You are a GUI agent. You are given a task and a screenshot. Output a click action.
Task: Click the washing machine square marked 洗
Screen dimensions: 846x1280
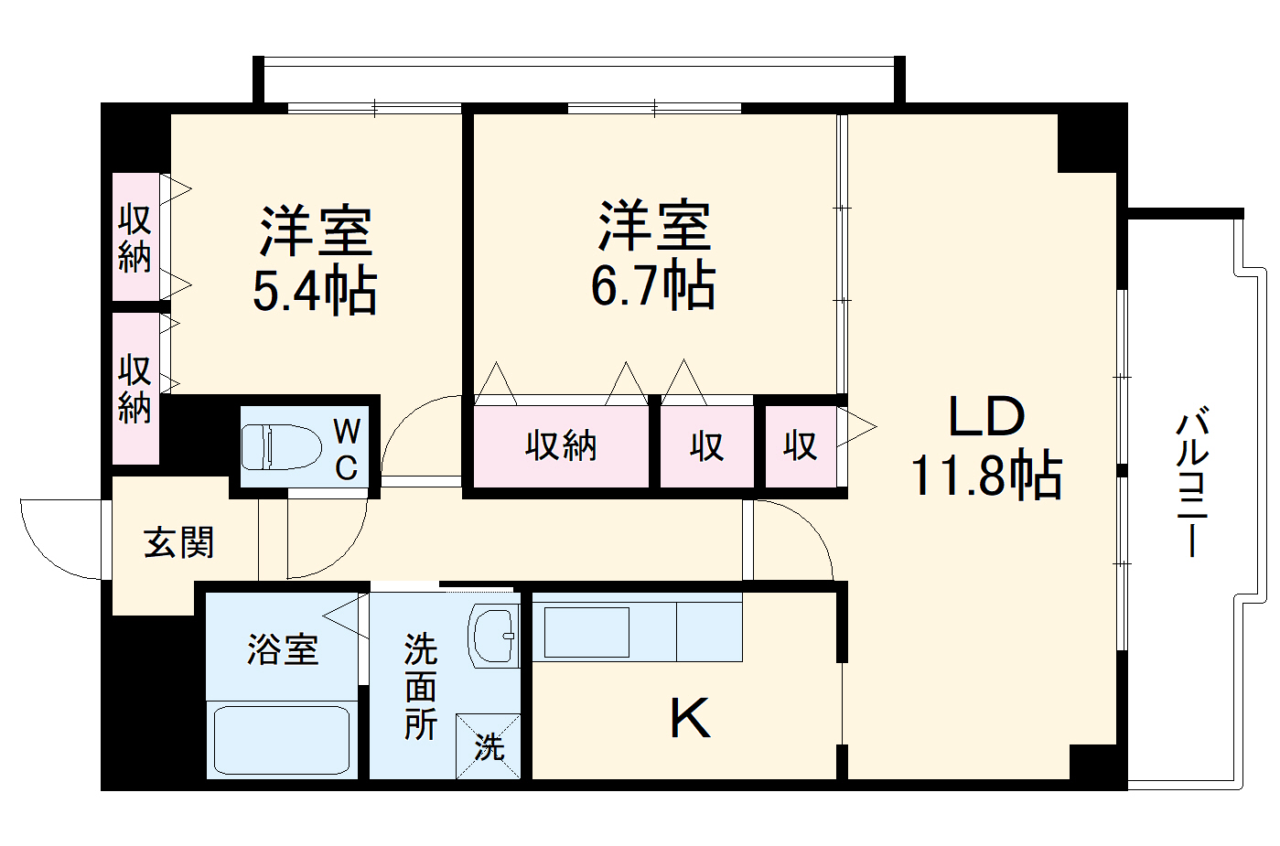(x=489, y=746)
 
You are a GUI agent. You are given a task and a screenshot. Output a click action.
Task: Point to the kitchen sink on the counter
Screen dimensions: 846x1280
(x=586, y=632)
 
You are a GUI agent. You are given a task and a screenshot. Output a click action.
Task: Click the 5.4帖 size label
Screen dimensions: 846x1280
(x=314, y=291)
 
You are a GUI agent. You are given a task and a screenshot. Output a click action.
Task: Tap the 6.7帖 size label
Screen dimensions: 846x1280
(x=652, y=285)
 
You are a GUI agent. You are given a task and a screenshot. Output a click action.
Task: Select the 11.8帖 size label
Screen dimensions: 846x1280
(x=986, y=476)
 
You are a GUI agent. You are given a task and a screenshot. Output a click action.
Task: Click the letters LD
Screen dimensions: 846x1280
(x=986, y=417)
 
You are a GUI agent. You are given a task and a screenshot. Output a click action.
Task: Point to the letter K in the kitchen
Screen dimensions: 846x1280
(x=689, y=719)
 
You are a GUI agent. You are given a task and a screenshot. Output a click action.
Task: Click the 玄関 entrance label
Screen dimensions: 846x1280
(x=179, y=543)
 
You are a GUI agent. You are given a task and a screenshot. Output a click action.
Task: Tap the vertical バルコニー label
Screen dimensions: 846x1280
(x=1192, y=485)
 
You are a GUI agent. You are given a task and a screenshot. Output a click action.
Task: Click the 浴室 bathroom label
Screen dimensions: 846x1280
(x=283, y=649)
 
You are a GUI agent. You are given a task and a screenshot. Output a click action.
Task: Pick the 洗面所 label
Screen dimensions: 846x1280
(x=421, y=686)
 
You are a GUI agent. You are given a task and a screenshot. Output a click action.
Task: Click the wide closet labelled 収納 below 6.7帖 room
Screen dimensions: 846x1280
(x=561, y=445)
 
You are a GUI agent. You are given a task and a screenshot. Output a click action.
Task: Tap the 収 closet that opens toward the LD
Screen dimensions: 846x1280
(x=801, y=445)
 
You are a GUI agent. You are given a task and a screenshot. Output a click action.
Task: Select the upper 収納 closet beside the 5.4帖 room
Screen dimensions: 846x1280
(x=135, y=238)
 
